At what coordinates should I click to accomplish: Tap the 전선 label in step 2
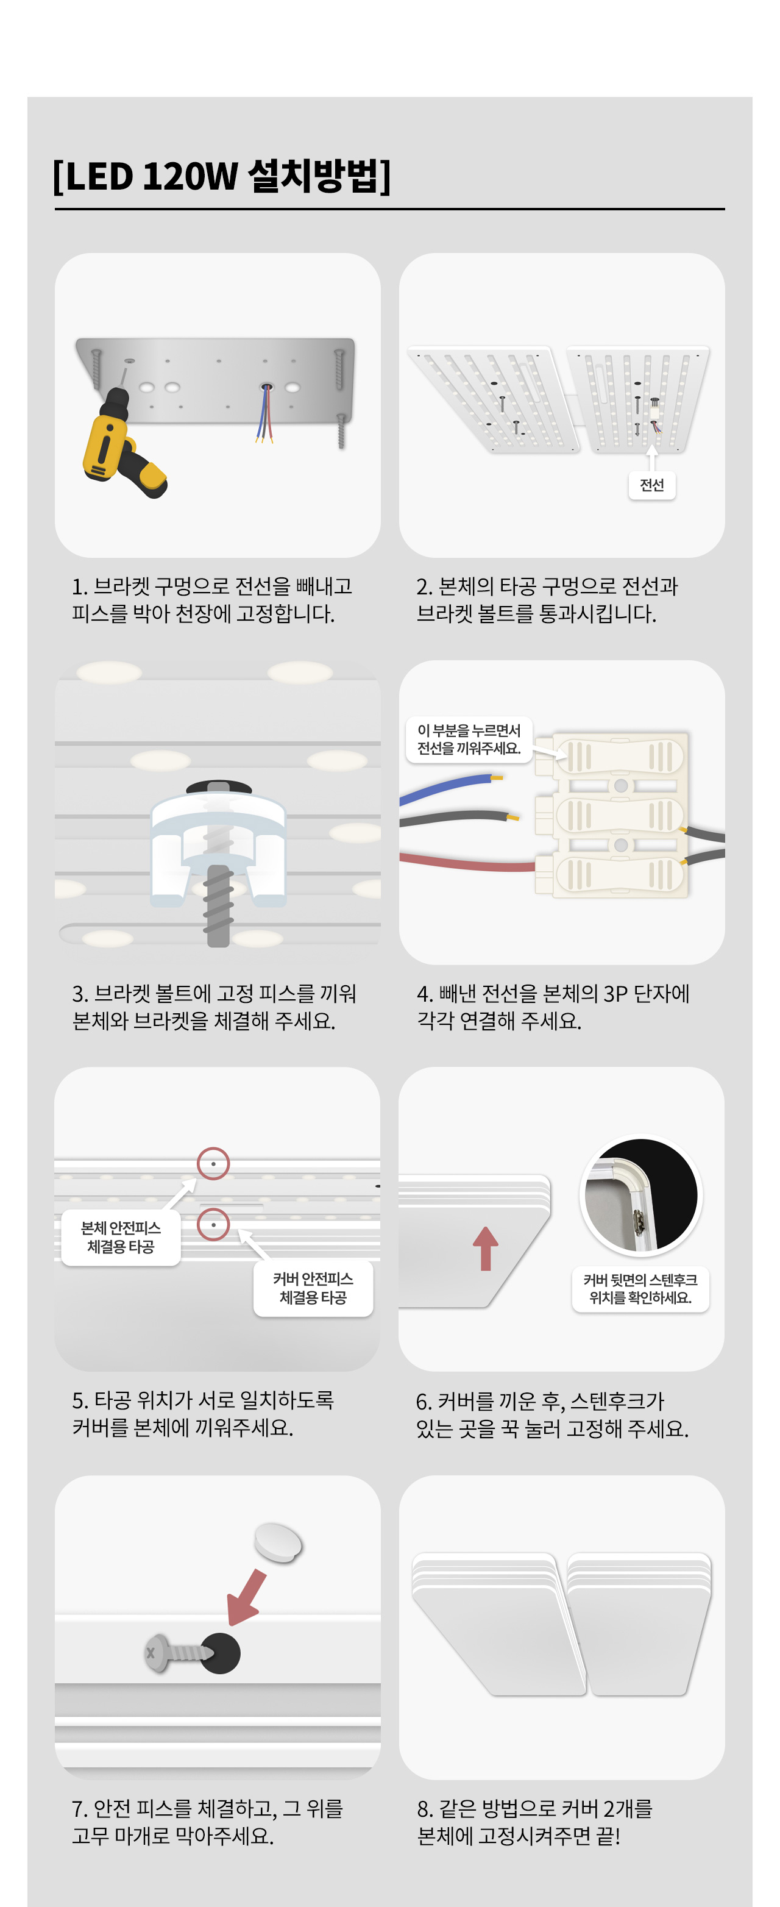click(x=651, y=485)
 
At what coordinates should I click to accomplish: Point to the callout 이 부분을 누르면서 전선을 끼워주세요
click(x=469, y=739)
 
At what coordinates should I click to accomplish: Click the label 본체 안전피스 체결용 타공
click(x=121, y=1237)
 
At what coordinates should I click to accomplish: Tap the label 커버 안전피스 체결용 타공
click(x=313, y=1288)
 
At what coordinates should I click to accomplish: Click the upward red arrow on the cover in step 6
click(x=486, y=1248)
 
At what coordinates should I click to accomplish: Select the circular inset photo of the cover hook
click(x=641, y=1195)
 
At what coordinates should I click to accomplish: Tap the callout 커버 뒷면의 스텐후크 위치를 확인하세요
click(x=640, y=1289)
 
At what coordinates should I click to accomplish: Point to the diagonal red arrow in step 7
click(x=246, y=1597)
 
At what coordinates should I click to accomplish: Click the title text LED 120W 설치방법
click(x=222, y=176)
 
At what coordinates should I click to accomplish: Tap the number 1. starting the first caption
click(x=80, y=587)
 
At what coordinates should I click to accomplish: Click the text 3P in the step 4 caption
click(x=615, y=994)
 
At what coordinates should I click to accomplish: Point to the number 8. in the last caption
click(x=425, y=1809)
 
